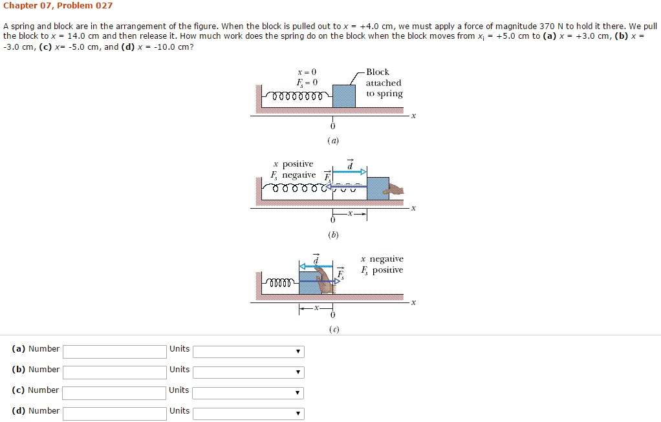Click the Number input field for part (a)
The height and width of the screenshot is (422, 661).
pyautogui.click(x=114, y=352)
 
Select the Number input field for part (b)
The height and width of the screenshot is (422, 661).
pyautogui.click(x=114, y=372)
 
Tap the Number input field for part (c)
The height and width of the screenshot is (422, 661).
pyautogui.click(x=114, y=393)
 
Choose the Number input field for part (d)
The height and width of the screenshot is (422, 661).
pyautogui.click(x=114, y=414)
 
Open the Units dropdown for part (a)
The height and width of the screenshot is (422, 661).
pyautogui.click(x=248, y=352)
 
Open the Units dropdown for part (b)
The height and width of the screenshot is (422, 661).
pyautogui.click(x=248, y=372)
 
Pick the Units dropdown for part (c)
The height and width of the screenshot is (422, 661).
pyautogui.click(x=248, y=393)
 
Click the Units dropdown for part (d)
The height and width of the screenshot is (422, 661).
pyautogui.click(x=248, y=414)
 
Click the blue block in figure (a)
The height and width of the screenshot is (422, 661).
pyautogui.click(x=343, y=96)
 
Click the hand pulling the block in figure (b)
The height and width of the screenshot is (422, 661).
pyautogui.click(x=394, y=189)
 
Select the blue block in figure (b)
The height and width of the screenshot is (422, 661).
pyautogui.click(x=378, y=189)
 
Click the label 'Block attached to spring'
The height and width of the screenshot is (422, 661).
pyautogui.click(x=384, y=83)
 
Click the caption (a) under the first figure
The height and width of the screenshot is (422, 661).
pyautogui.click(x=333, y=140)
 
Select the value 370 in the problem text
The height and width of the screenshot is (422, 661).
pyautogui.click(x=547, y=26)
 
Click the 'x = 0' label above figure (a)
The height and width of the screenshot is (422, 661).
pyautogui.click(x=307, y=72)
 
